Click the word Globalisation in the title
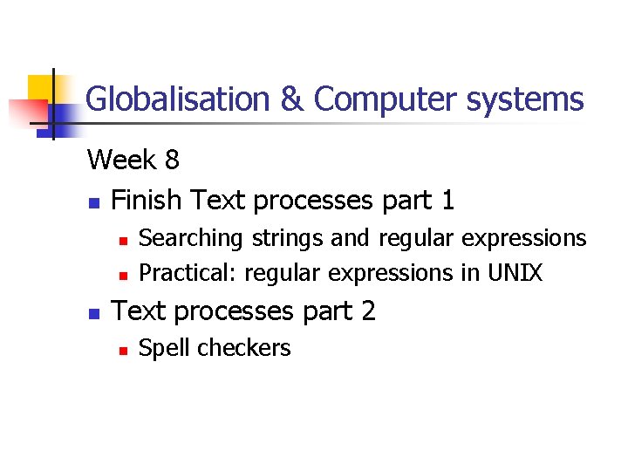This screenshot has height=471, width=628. (179, 99)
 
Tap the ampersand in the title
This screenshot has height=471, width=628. (292, 99)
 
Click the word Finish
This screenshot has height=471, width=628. (147, 201)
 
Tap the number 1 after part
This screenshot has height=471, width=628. (447, 201)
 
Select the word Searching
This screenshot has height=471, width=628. (191, 238)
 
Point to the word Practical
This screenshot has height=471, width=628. (188, 273)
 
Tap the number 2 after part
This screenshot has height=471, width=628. (367, 311)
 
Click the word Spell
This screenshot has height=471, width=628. (166, 348)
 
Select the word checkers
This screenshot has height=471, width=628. (243, 348)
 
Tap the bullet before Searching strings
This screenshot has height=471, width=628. (124, 239)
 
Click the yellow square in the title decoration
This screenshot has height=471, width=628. (41, 88)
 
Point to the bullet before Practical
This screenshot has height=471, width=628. (124, 275)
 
